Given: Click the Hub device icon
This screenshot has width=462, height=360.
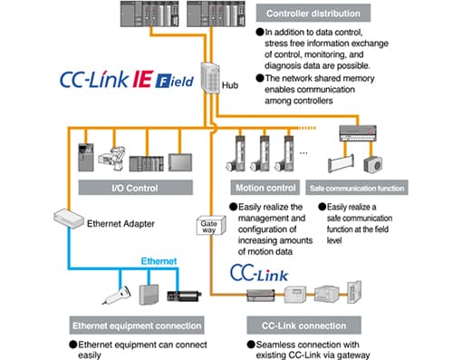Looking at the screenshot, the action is click(x=210, y=78).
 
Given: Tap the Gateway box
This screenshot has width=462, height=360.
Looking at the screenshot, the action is click(x=211, y=226).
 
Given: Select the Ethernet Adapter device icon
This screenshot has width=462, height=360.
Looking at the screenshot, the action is click(x=69, y=219).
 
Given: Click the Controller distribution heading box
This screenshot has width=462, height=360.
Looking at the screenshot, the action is click(x=313, y=13).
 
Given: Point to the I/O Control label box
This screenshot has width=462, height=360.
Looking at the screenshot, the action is click(x=136, y=188).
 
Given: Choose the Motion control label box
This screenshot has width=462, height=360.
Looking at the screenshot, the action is click(x=265, y=188).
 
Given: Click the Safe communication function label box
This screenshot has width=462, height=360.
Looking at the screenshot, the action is click(x=357, y=188).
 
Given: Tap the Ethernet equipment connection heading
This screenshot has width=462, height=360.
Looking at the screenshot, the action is click(x=137, y=326).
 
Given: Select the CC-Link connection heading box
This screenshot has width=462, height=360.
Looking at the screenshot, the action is click(x=303, y=326).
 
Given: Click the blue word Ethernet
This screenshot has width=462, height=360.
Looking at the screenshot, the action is click(x=159, y=261).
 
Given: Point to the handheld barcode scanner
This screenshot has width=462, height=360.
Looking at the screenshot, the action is click(x=117, y=295).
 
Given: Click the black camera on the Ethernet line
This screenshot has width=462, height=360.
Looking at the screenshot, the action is click(x=184, y=296).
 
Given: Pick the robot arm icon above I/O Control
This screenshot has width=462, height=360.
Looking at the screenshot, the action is click(x=112, y=158).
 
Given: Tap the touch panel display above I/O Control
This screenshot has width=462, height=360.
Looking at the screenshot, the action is click(x=180, y=162).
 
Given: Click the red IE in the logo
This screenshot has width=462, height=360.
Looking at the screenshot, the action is click(x=143, y=79).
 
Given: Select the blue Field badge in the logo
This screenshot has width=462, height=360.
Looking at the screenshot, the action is click(x=175, y=81).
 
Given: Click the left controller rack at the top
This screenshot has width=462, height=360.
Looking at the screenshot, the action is click(x=149, y=14).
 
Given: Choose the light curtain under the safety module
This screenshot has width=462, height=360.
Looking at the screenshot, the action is click(x=341, y=164).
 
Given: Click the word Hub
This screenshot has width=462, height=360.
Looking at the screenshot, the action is click(x=230, y=85).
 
